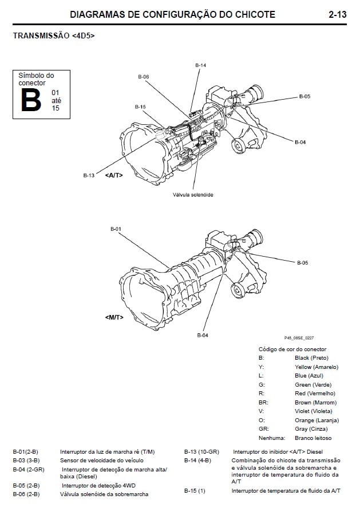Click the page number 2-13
click(x=337, y=14)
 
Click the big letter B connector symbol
click(x=31, y=100)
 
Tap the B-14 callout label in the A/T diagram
click(x=200, y=65)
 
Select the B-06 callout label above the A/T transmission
click(x=144, y=77)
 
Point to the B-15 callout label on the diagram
click(x=140, y=107)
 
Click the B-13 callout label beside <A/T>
click(x=89, y=175)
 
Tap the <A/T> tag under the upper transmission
click(x=114, y=175)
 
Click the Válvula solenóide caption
click(x=193, y=195)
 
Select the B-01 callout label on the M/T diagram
click(x=116, y=229)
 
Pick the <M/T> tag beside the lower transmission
click(x=114, y=317)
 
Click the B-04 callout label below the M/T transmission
click(x=203, y=335)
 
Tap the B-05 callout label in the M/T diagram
click(x=303, y=263)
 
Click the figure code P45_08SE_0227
click(x=299, y=338)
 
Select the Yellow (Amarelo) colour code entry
click(x=317, y=367)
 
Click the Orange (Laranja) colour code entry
click(x=317, y=420)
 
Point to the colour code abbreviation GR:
click(x=263, y=429)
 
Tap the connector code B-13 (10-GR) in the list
click(x=201, y=452)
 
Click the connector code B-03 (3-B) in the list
click(x=26, y=461)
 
